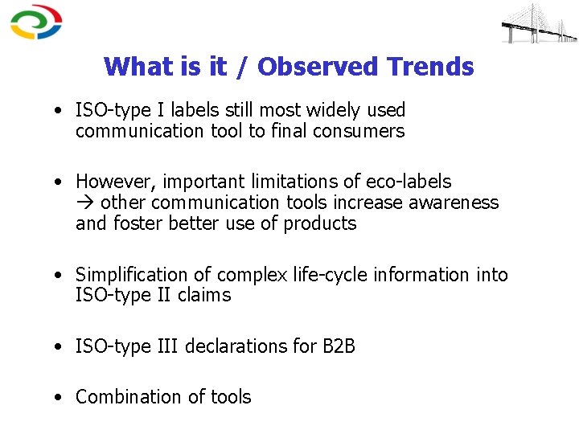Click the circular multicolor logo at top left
click(36, 23)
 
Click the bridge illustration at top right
click(538, 24)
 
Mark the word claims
click(204, 295)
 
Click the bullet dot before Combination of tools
click(60, 398)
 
